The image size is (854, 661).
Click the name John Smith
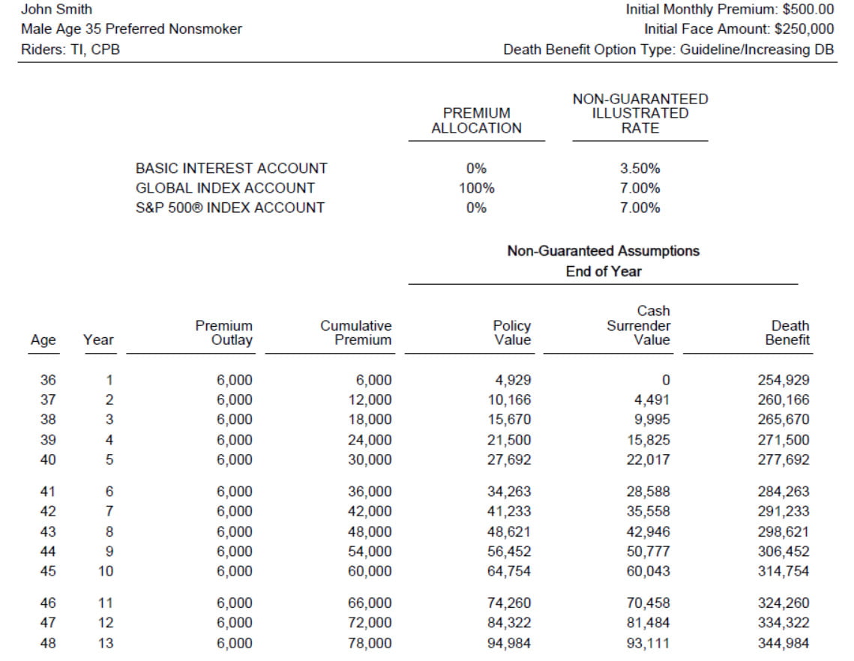tap(57, 10)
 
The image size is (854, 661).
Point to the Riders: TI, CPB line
tap(71, 49)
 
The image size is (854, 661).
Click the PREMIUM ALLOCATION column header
tap(476, 120)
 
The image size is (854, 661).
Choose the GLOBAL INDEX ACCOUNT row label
tap(225, 188)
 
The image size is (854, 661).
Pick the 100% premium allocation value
tap(476, 188)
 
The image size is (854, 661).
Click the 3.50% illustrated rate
tap(640, 169)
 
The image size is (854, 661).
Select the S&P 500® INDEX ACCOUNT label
tap(229, 208)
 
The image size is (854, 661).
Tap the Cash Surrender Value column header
tap(639, 325)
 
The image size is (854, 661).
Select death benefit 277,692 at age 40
tap(784, 459)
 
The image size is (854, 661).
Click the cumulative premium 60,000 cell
tap(370, 571)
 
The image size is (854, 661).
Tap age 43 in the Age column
tap(47, 531)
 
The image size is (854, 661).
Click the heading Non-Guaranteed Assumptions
tap(603, 251)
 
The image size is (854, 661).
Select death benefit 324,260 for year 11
tap(784, 603)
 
